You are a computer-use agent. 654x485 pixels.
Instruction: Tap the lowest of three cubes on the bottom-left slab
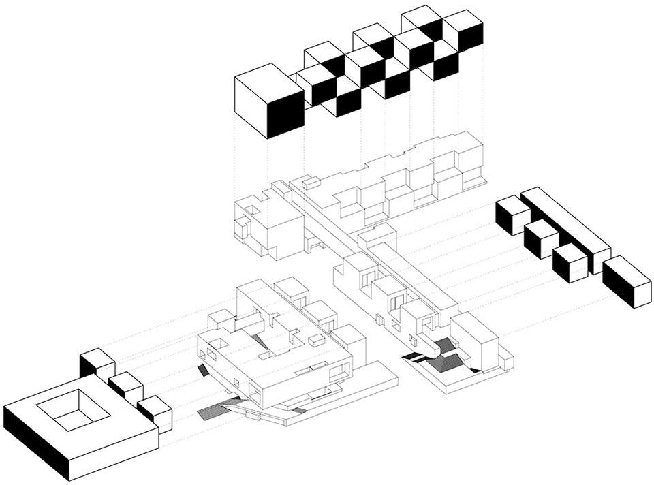point(155,413)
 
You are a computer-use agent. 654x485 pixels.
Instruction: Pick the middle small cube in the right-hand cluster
point(541,238)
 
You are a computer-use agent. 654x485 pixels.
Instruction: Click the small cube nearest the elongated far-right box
point(570,264)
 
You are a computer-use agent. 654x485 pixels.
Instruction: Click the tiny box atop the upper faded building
point(311,182)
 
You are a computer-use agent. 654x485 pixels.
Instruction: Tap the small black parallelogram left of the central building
point(202,370)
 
